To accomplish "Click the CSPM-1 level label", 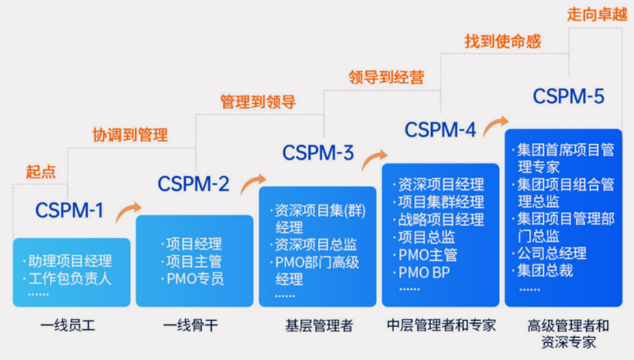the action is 69,210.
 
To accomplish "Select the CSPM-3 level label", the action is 318,153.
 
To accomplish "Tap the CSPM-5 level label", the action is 568,96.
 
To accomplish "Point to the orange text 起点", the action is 41,171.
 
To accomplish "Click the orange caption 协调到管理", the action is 130,135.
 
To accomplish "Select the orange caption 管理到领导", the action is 258,102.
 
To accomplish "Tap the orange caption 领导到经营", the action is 386,77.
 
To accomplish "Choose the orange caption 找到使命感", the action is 503,41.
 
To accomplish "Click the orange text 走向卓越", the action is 597,14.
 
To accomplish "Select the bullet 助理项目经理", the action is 67,261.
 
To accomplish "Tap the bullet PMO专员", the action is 193,279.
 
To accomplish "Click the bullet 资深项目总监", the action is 314,245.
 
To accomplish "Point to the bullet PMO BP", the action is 422,273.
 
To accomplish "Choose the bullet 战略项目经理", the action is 439,219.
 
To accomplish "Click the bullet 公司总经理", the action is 549,253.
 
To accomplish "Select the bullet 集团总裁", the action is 542,271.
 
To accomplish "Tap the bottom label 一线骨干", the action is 191,325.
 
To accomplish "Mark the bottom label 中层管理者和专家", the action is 441,324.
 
